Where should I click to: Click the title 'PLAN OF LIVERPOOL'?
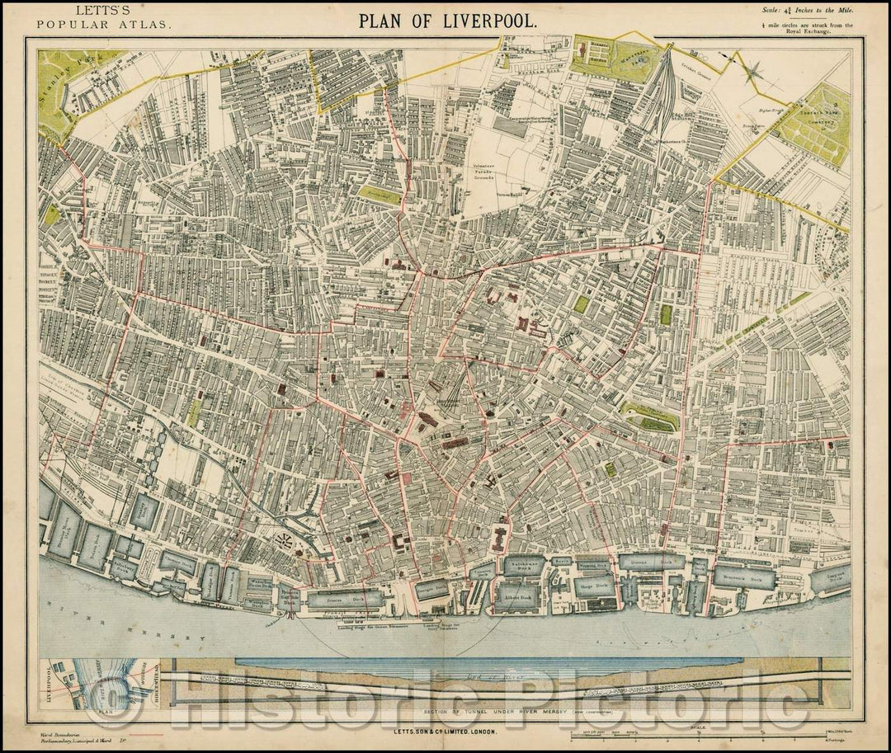click(x=447, y=20)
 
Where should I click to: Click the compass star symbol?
click(x=752, y=73)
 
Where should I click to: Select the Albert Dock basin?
click(x=518, y=595)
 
